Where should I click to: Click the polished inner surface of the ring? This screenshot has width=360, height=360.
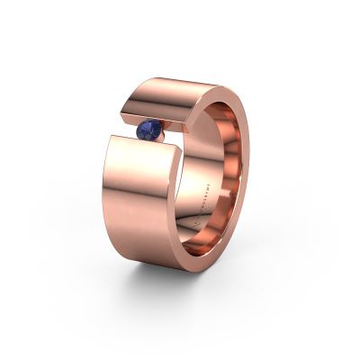click(x=225, y=180)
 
